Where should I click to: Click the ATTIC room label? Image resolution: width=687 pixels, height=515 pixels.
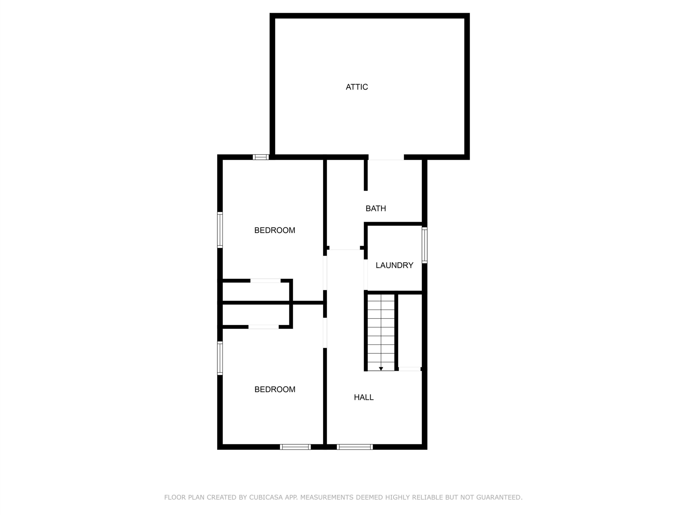[x=357, y=87]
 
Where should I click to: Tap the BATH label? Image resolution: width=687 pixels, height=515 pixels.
[x=376, y=208]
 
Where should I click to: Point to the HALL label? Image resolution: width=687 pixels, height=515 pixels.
[x=364, y=397]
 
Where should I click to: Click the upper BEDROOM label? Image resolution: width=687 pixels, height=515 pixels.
[x=275, y=230]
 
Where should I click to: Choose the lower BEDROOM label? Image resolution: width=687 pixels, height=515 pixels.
[x=275, y=389]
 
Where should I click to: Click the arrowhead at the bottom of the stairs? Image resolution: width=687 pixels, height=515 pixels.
[x=381, y=369]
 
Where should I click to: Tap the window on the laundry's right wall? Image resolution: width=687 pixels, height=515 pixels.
[x=425, y=245]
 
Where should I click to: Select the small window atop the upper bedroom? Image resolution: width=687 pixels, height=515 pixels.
[x=261, y=157]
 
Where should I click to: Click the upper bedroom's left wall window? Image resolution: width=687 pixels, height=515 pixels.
[x=220, y=230]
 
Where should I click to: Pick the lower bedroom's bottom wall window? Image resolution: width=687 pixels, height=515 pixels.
[x=295, y=447]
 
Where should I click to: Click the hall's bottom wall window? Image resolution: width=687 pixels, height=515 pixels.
[x=355, y=447]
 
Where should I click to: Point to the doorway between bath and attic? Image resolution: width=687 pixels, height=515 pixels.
[x=386, y=157]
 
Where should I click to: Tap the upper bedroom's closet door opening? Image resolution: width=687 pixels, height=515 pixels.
[x=266, y=281]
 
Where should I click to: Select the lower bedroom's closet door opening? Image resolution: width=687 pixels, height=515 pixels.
[x=264, y=327]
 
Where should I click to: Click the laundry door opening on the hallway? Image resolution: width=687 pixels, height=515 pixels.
[x=366, y=275]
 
